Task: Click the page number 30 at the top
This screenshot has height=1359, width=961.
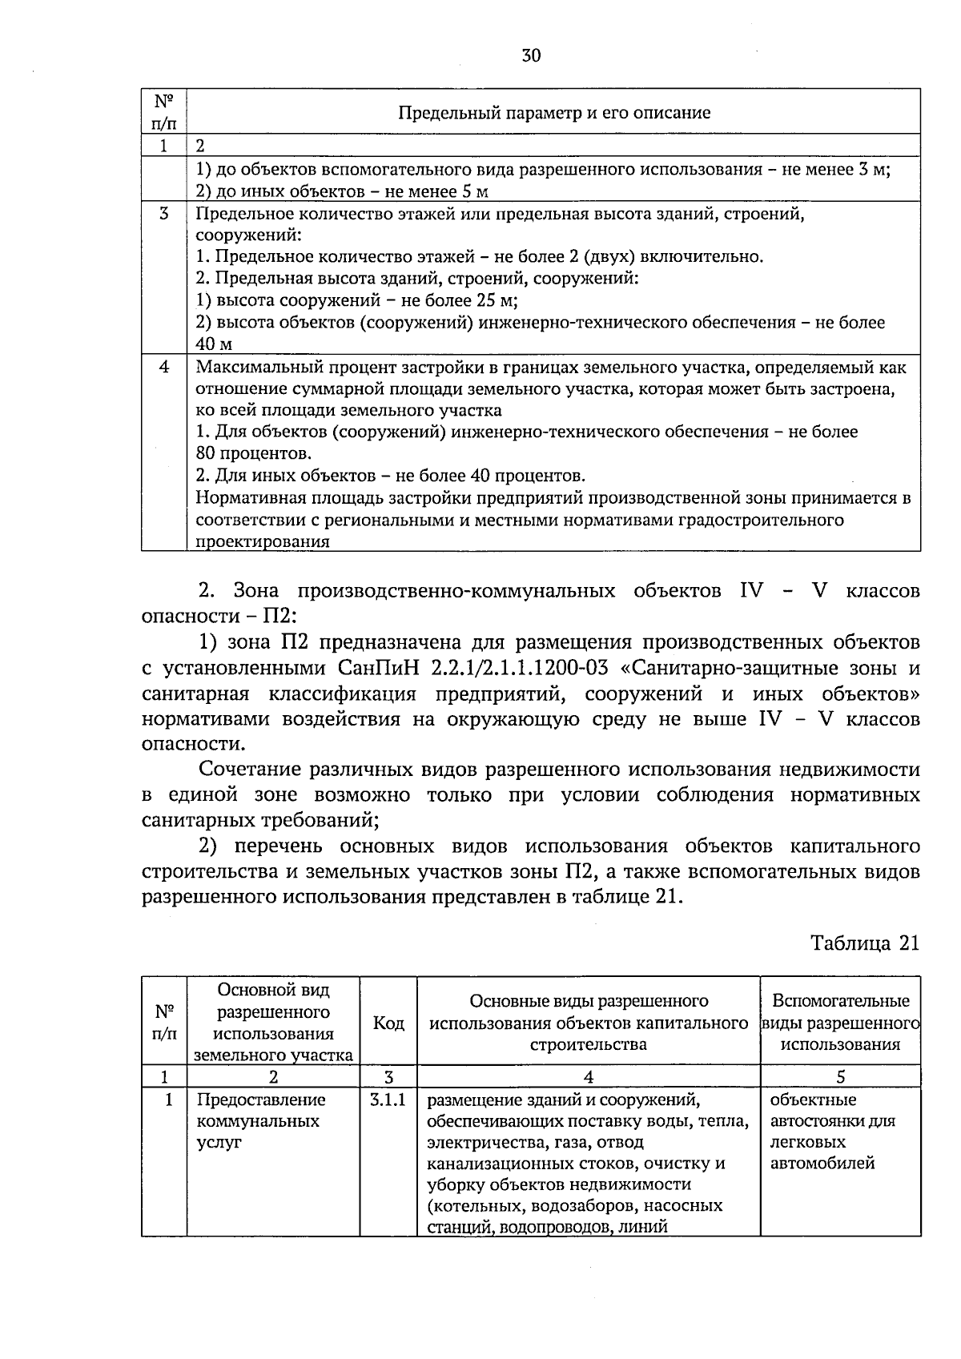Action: coord(531,55)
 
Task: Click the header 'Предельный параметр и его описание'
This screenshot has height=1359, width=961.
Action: coord(554,112)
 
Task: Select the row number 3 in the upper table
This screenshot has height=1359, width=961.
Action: coord(164,214)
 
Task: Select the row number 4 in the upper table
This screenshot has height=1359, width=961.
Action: coord(164,367)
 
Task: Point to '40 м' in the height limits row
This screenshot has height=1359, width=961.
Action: coord(214,344)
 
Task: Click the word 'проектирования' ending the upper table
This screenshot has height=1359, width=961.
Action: coord(263,542)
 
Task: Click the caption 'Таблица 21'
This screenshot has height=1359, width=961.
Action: coord(864,943)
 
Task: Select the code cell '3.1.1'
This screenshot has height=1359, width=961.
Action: coord(388,1100)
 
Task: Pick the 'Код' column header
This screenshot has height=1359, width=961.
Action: coord(388,1023)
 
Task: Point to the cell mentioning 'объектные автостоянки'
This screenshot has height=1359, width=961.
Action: coord(832,1131)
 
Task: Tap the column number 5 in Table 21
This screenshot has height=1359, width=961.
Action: coord(840,1077)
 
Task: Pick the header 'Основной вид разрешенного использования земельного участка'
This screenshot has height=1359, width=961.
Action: coord(273,1023)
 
